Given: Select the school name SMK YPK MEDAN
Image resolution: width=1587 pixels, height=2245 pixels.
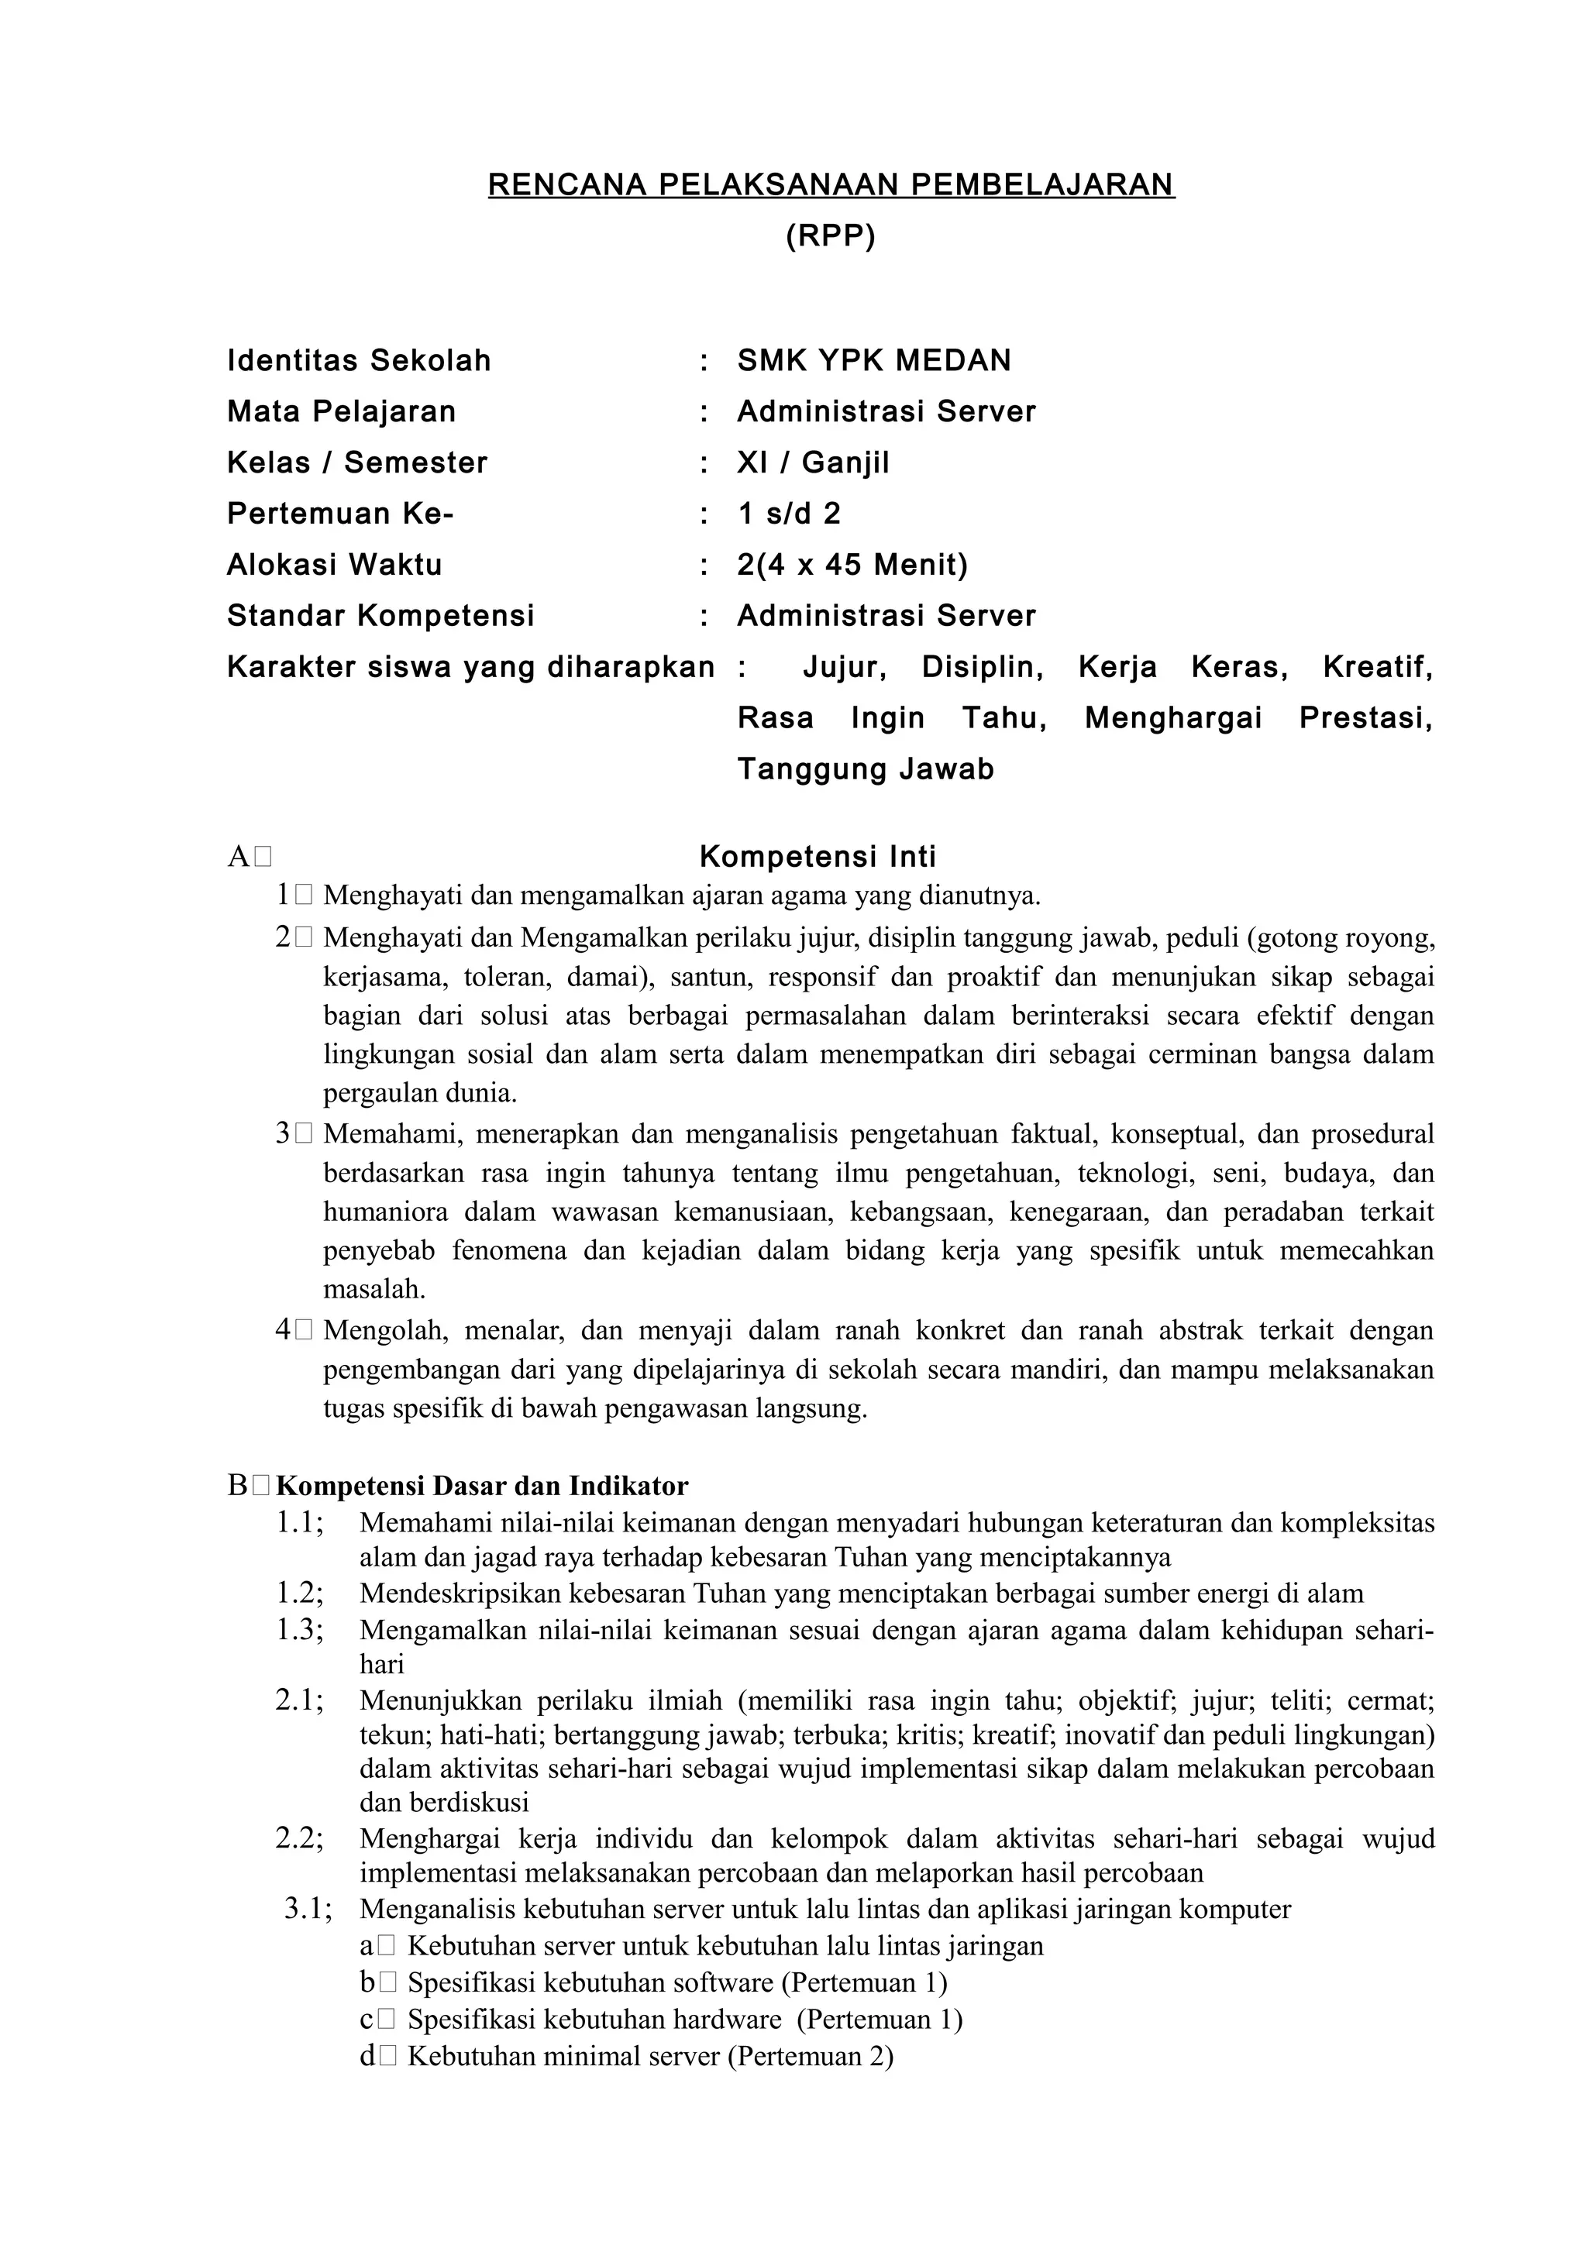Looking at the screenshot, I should (873, 361).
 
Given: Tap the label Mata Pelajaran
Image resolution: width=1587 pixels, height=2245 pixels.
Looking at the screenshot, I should (341, 411).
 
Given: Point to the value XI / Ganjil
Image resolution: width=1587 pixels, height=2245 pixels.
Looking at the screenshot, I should (813, 462).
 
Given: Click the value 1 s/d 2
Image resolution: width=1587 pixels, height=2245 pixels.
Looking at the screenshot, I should (788, 514).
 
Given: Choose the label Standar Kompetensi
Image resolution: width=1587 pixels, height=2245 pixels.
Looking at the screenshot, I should (380, 615).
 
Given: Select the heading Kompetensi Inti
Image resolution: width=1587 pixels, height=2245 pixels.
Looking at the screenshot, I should (818, 857).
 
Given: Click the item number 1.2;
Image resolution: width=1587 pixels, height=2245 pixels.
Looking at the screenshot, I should (299, 1593).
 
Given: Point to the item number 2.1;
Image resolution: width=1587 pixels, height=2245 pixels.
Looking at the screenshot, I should (299, 1700).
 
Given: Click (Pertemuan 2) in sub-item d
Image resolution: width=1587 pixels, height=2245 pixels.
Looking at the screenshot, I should (811, 2055).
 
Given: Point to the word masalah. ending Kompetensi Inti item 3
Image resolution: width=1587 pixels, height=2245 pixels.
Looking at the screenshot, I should (374, 1289).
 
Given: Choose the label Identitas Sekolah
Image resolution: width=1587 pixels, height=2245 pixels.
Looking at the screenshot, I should (359, 361).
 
